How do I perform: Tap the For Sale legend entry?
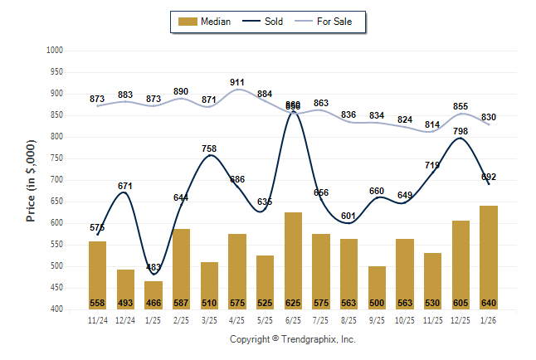pyautogui.click(x=329, y=22)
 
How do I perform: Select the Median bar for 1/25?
pyautogui.click(x=153, y=294)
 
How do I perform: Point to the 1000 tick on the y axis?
pyautogui.click(x=54, y=51)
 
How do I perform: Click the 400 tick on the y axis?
pyautogui.click(x=56, y=309)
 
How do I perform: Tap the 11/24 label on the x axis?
pyautogui.click(x=97, y=319)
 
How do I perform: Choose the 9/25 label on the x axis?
pyautogui.click(x=378, y=319)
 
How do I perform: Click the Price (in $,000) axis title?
pyautogui.click(x=31, y=180)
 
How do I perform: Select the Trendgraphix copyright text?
pyautogui.click(x=292, y=339)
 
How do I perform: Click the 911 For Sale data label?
pyautogui.click(x=237, y=82)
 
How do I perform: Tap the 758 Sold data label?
pyautogui.click(x=209, y=149)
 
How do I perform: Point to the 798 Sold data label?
pyautogui.click(x=462, y=132)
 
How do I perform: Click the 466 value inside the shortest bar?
pyautogui.click(x=153, y=302)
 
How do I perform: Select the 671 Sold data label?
pyautogui.click(x=125, y=186)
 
